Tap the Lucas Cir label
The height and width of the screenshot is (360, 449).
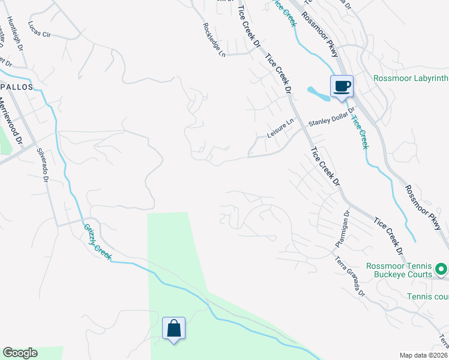[40, 30]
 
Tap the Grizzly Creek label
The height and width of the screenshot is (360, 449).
[98, 242]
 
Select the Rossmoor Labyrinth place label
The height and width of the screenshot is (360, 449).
[411, 78]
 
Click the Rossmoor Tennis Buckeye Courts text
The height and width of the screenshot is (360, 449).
[399, 269]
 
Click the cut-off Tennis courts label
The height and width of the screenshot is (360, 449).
[427, 296]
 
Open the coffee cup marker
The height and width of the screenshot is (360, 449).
[342, 86]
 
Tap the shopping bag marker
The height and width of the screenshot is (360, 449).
[174, 329]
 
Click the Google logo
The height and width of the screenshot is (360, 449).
[20, 353]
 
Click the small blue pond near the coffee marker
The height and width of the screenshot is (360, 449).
[318, 94]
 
